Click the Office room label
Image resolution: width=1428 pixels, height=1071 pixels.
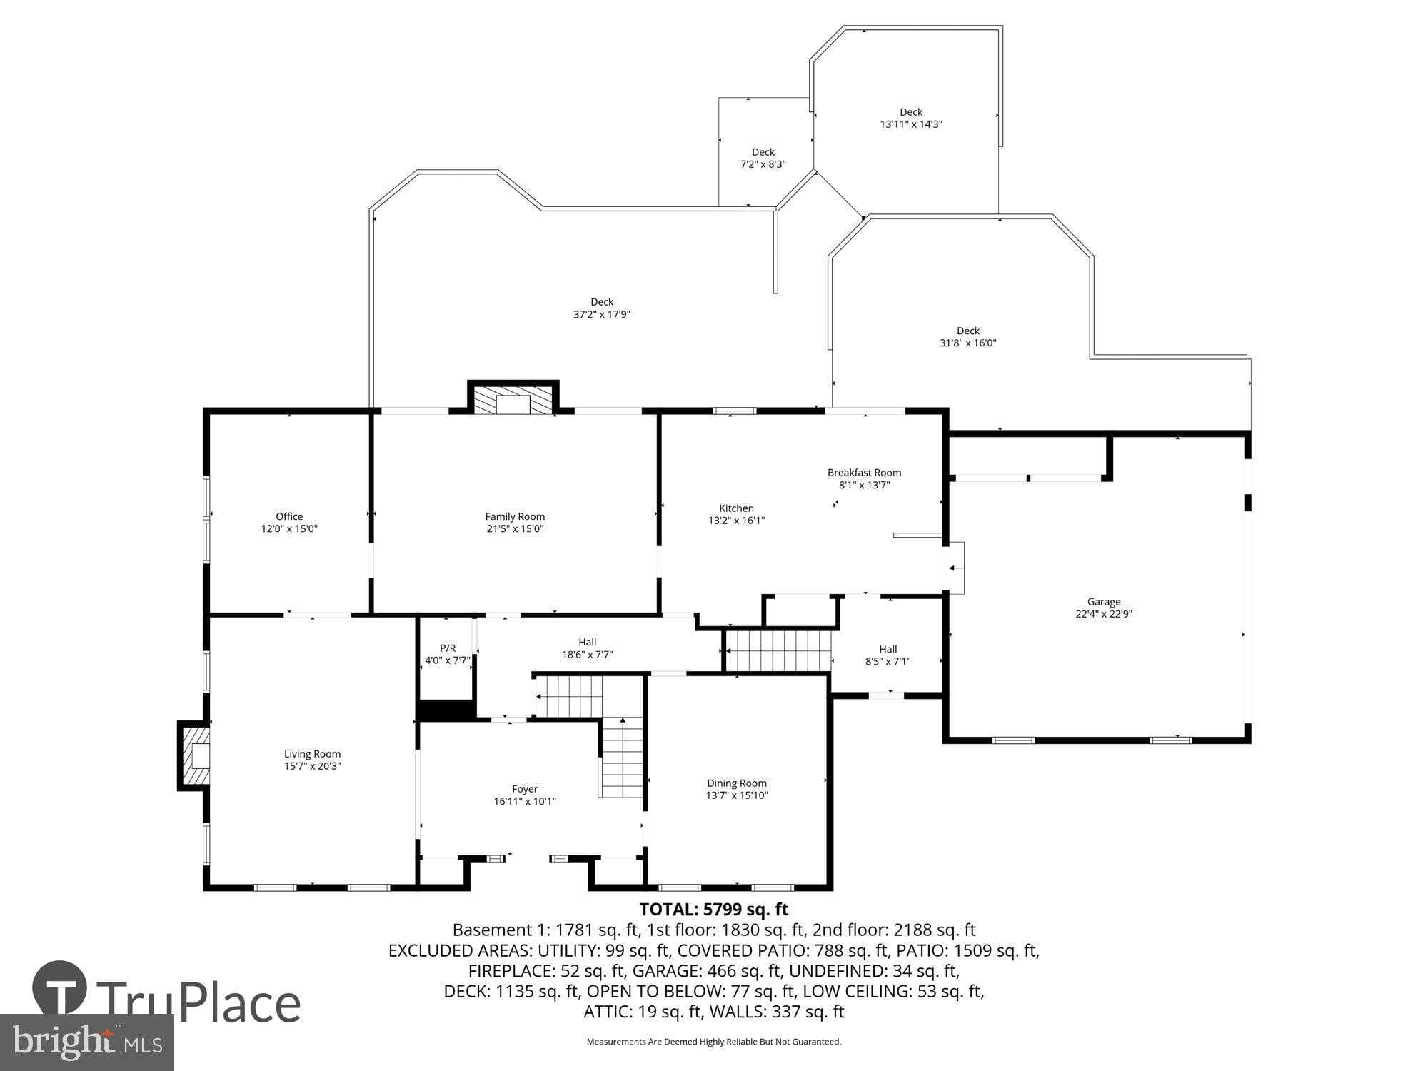(289, 516)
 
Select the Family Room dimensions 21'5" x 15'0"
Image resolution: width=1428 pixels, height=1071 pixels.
(515, 529)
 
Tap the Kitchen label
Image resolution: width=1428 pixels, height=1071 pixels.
(736, 508)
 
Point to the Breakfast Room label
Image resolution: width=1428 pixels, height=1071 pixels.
(864, 473)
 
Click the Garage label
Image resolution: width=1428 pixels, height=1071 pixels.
(1104, 602)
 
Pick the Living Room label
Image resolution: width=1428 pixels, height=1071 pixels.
(312, 754)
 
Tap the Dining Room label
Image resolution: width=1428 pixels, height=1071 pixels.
(737, 783)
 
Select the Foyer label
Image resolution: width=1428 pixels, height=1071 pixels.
(525, 789)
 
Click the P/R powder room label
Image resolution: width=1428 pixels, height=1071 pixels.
(448, 648)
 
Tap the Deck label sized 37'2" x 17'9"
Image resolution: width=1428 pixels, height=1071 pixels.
(602, 308)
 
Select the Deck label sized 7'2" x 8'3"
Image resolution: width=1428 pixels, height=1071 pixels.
(763, 158)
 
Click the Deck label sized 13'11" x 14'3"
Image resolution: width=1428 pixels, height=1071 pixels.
(911, 118)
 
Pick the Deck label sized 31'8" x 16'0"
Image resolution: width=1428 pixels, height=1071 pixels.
(967, 336)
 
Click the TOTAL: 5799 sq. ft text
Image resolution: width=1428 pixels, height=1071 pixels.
(713, 909)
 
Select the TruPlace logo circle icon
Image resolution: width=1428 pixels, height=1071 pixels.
(60, 988)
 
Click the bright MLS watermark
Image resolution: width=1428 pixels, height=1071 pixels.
(86, 1042)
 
